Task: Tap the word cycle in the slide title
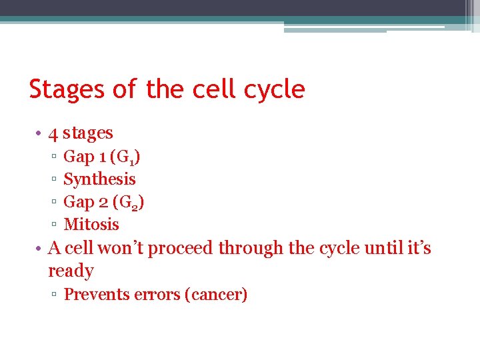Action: point(273,89)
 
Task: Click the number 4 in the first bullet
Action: point(53,133)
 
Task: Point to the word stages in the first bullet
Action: point(88,133)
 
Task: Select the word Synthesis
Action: point(99,179)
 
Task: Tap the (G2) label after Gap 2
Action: point(129,202)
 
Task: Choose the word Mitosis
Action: point(91,225)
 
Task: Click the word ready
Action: point(71,271)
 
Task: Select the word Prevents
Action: point(93,295)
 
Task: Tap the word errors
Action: point(155,295)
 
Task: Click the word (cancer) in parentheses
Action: point(219,295)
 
